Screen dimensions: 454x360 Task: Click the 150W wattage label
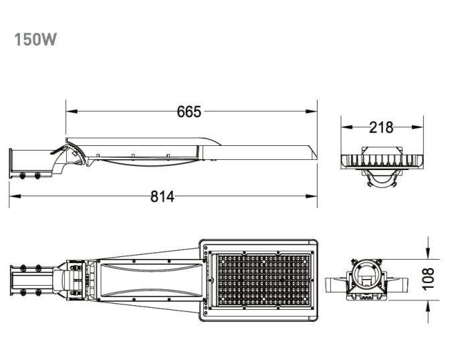35,39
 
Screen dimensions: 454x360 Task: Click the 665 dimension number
189,112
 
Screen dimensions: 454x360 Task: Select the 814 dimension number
162,197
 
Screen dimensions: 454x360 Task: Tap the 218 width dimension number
381,127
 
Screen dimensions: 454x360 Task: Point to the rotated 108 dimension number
428,279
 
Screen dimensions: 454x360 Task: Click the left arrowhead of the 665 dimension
72,111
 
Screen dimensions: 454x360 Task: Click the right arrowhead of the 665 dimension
312,111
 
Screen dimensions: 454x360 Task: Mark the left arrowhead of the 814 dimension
15,196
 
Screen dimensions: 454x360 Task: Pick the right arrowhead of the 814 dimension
312,196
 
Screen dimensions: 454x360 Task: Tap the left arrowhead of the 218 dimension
347,127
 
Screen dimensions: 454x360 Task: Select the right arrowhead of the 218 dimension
418,127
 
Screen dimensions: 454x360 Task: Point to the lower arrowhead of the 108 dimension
428,306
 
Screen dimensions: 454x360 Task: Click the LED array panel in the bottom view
263,280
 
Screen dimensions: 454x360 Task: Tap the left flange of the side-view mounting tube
11,163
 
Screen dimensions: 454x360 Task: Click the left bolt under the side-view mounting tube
22,176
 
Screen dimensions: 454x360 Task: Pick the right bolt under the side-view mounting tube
37,176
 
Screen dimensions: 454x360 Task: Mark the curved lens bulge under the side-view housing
150,163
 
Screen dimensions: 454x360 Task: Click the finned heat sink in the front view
382,161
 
